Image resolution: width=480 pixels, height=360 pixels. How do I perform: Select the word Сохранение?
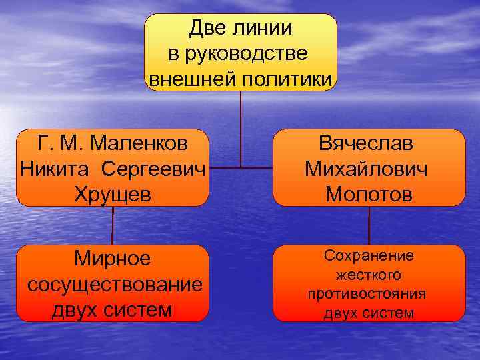click(x=369, y=255)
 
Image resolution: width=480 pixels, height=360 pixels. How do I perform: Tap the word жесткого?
click(x=369, y=275)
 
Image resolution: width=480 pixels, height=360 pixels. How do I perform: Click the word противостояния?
click(x=368, y=294)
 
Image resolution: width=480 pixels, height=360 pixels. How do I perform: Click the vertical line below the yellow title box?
click(x=241, y=127)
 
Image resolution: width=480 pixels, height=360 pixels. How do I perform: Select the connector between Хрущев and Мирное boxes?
click(x=112, y=225)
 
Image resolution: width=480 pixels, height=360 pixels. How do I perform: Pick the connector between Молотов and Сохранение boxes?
click(x=369, y=225)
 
